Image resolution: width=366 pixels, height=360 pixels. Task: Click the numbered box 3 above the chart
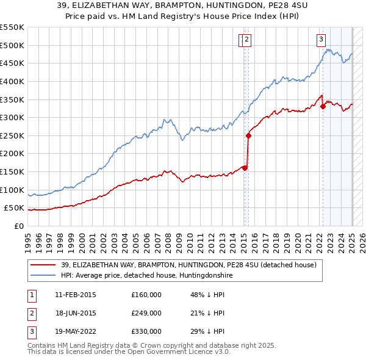(x=321, y=40)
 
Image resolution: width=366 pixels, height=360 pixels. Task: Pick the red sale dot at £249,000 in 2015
(x=248, y=136)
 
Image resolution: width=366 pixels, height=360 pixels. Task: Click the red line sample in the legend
(x=43, y=265)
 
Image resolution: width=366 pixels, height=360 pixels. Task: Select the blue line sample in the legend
(x=43, y=275)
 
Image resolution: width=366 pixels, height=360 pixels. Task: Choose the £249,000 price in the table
(x=146, y=313)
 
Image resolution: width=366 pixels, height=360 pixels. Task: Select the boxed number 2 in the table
(x=30, y=313)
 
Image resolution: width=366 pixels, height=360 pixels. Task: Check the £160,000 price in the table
(x=146, y=295)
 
